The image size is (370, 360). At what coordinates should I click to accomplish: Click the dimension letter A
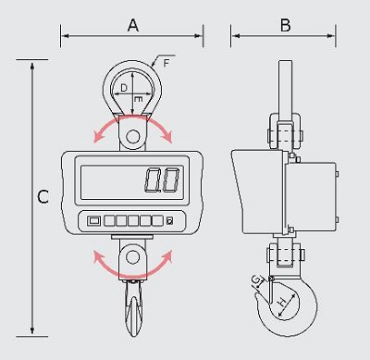(x=133, y=25)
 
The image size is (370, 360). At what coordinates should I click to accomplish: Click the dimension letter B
(x=286, y=25)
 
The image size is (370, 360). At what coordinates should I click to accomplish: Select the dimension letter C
(x=43, y=197)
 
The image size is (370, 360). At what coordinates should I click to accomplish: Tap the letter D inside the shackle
(x=123, y=88)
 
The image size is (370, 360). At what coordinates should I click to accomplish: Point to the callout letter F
(x=166, y=63)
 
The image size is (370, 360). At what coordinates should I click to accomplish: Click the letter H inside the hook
(x=282, y=302)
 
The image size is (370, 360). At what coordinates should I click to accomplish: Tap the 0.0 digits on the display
(x=162, y=180)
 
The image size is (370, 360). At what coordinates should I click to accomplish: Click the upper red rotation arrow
(x=132, y=118)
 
